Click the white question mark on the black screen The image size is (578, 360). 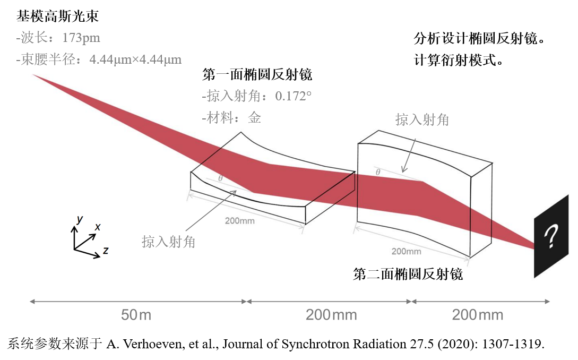(551, 236)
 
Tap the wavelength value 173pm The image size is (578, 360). (81, 38)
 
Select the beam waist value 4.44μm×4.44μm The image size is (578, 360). (135, 59)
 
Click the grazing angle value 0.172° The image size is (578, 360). (293, 96)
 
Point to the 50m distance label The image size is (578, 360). (136, 315)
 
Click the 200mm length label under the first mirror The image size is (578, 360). (239, 220)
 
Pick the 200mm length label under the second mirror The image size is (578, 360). (406, 251)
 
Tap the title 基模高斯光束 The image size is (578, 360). (57, 16)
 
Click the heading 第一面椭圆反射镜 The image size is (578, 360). (257, 74)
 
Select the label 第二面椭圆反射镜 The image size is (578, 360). (408, 274)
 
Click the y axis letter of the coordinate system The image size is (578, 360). (79, 219)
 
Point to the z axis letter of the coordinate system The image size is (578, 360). (106, 251)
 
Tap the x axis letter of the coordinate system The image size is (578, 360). (98, 227)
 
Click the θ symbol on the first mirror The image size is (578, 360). (220, 178)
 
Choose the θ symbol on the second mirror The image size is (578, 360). (378, 172)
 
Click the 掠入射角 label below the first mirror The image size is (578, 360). (168, 242)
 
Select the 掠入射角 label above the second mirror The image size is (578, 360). (422, 120)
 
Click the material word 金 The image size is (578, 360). (254, 118)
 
